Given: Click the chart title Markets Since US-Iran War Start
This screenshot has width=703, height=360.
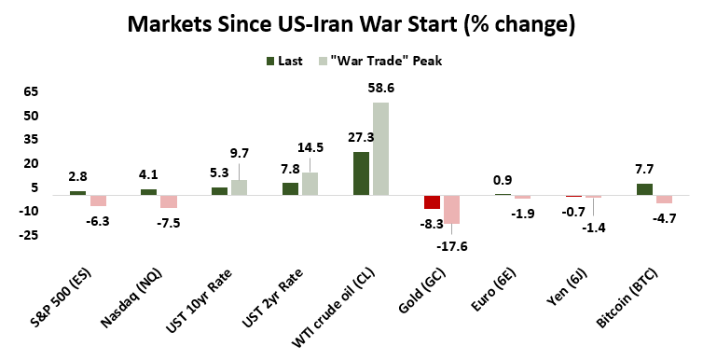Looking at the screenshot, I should pyautogui.click(x=351, y=22).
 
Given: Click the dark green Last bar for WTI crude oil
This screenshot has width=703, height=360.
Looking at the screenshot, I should pyautogui.click(x=361, y=173).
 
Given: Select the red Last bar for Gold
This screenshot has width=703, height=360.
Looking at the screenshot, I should pyautogui.click(x=432, y=202).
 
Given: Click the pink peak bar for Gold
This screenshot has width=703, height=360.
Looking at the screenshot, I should pyautogui.click(x=451, y=210).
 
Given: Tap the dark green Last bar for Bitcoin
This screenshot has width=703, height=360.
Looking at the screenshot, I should pyautogui.click(x=644, y=189).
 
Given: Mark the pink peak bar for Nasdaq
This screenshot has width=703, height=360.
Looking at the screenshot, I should pyautogui.click(x=168, y=201).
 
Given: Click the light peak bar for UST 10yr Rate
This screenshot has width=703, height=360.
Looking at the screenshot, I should pyautogui.click(x=239, y=187).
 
